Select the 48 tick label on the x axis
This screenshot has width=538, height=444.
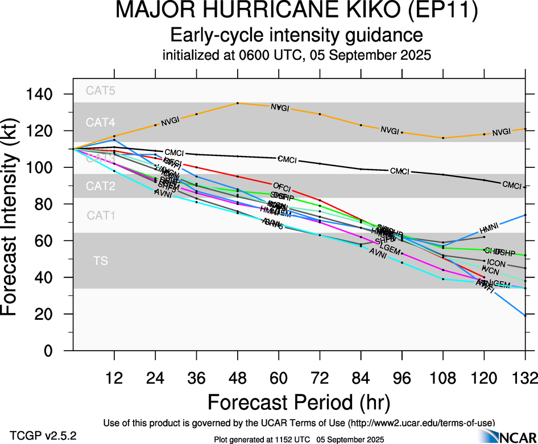pyautogui.click(x=237, y=378)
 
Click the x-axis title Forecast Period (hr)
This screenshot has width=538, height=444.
pyautogui.click(x=298, y=402)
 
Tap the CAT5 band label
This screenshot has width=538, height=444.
pyautogui.click(x=100, y=90)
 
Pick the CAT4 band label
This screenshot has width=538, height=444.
pyautogui.click(x=100, y=122)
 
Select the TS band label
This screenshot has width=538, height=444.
pyautogui.click(x=100, y=261)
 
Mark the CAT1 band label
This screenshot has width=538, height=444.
pyautogui.click(x=100, y=215)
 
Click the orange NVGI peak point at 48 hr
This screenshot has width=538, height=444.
pyautogui.click(x=237, y=103)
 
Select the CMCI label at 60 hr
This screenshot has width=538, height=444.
pyautogui.click(x=287, y=159)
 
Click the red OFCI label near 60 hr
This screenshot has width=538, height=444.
pyautogui.click(x=282, y=187)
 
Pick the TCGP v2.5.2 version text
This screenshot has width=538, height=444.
pyautogui.click(x=43, y=436)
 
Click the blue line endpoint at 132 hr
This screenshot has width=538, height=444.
pyautogui.click(x=525, y=315)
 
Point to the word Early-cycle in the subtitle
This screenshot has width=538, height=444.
pyautogui.click(x=210, y=35)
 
